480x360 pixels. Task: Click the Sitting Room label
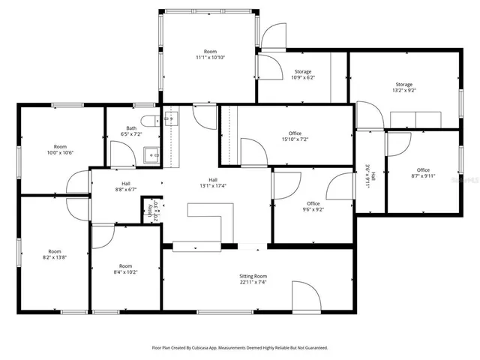point(253,276)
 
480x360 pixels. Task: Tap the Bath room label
point(131,128)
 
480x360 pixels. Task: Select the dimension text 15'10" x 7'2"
point(295,139)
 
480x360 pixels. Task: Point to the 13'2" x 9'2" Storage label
point(404,90)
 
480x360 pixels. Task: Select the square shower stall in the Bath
point(152,155)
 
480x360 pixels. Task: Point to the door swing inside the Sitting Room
point(302,296)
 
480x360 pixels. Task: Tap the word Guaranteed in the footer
point(312,348)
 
